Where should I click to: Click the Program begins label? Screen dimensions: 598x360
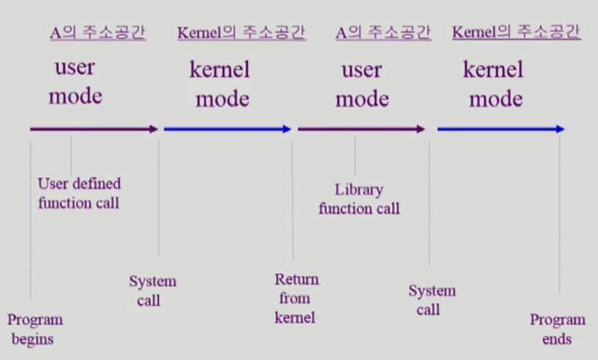(x=35, y=329)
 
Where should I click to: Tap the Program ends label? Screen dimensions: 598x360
(x=557, y=329)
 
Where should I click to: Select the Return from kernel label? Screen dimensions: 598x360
(x=296, y=298)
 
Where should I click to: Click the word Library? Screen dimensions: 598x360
(x=358, y=190)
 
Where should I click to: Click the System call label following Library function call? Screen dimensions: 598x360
(x=432, y=300)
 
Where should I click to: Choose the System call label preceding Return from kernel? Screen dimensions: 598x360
(x=152, y=291)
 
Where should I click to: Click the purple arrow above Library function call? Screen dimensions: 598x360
(x=361, y=129)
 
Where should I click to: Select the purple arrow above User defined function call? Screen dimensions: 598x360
(x=94, y=129)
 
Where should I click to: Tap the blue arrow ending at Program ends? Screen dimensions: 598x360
(x=501, y=129)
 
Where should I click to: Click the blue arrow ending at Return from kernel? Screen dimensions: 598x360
(x=227, y=129)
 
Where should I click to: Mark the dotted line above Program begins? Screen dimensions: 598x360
(x=31, y=220)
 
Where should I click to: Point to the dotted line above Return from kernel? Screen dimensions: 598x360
(x=293, y=200)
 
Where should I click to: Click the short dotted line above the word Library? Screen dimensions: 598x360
(x=355, y=155)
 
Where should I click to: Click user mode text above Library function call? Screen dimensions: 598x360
(x=362, y=85)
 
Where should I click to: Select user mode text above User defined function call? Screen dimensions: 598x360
(x=76, y=81)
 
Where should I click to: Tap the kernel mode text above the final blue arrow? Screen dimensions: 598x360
(x=494, y=84)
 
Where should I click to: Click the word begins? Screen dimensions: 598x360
(x=32, y=339)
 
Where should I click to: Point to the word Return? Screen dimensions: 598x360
(x=296, y=279)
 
